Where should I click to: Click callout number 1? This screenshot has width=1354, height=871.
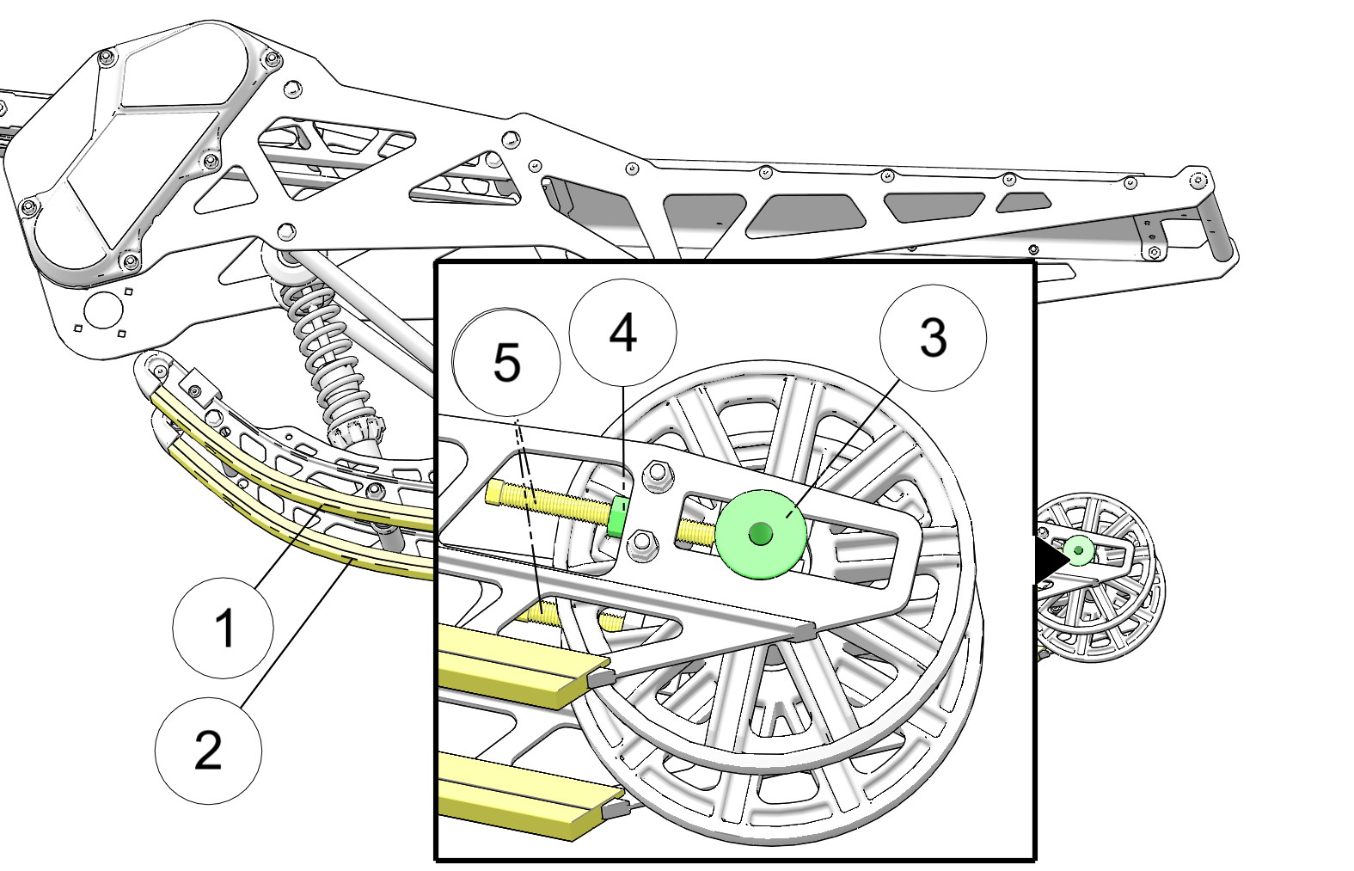[x=224, y=628]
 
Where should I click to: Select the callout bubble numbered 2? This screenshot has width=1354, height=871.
[x=208, y=751]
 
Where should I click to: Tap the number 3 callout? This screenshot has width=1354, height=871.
[x=933, y=338]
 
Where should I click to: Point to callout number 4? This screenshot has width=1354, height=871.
[x=622, y=333]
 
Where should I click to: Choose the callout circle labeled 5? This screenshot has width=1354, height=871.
[x=506, y=362]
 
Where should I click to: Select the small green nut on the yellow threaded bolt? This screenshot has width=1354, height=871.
[x=617, y=516]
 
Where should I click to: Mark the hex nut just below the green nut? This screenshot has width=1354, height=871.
[x=640, y=545]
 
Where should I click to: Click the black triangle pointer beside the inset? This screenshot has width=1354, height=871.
[x=1049, y=560]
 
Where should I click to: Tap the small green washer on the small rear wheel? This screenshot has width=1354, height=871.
[x=1078, y=549]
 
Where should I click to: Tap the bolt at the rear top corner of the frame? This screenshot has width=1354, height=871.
[x=1198, y=180]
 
